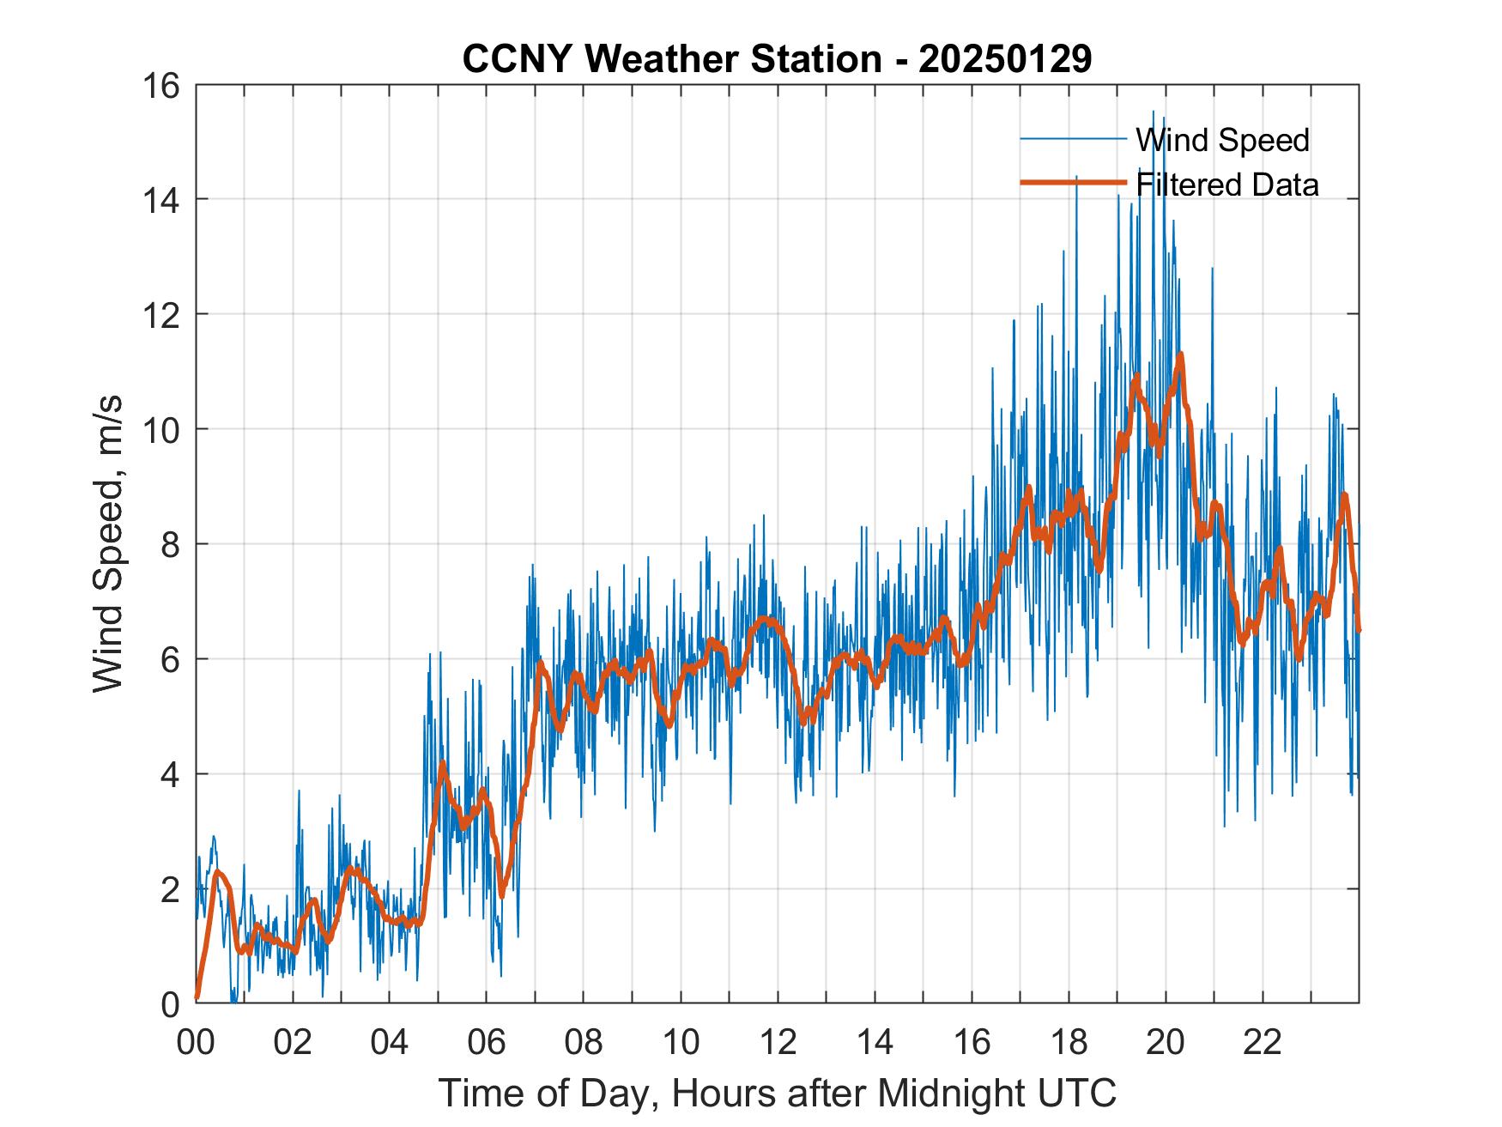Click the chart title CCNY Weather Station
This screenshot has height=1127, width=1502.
[x=671, y=59]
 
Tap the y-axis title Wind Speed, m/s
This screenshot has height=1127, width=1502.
[x=108, y=543]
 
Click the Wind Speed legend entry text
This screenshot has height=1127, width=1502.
[x=1222, y=140]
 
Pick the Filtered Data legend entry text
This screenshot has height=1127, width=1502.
[x=1226, y=185]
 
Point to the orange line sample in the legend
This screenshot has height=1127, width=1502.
[x=1072, y=183]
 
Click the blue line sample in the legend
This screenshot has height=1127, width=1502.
[x=1072, y=139]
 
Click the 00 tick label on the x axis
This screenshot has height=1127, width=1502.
[x=196, y=1042]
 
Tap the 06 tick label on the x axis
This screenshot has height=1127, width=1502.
[x=487, y=1042]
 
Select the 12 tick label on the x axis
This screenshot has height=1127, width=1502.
[x=778, y=1042]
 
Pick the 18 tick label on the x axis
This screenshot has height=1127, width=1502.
[x=1069, y=1042]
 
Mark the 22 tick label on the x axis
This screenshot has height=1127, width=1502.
[x=1263, y=1042]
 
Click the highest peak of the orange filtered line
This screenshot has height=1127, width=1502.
[x=1181, y=354]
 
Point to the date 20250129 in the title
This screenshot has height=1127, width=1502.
[x=1004, y=59]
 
